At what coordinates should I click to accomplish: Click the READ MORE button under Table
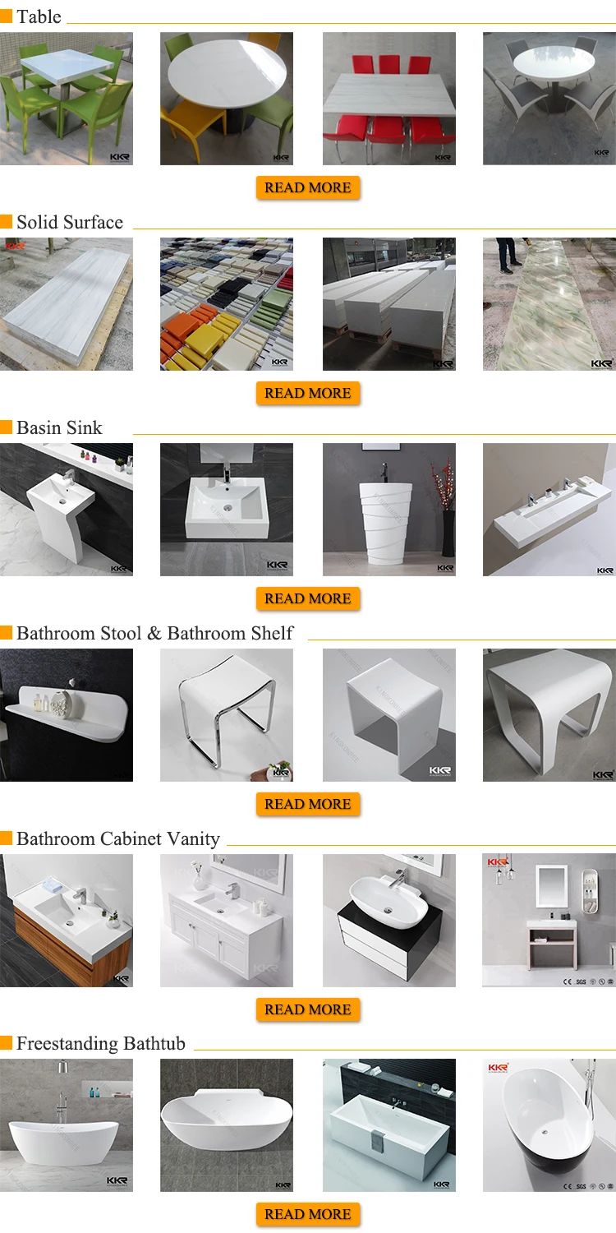coord(308,188)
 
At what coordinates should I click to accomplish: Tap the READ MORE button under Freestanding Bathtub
coord(308,1215)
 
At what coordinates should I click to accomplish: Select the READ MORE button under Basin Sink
coord(308,599)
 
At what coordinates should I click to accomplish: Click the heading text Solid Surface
coord(70,223)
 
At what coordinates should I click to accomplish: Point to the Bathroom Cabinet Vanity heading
coord(118,839)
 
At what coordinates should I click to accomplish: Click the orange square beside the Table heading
coord(7,17)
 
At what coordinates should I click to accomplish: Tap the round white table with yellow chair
coord(226,99)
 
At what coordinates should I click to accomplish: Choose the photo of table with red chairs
coord(388,99)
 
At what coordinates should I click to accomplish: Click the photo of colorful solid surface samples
coord(226,304)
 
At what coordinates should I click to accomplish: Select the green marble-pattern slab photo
coord(549,304)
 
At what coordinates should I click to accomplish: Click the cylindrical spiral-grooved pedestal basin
coord(388,510)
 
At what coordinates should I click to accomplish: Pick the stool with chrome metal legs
coord(226,715)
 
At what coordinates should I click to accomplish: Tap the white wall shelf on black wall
coord(66,715)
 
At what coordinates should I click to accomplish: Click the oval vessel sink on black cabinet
coord(388,921)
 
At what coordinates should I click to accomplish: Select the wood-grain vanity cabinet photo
coord(66,921)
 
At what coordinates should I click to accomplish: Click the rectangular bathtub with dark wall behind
coord(388,1125)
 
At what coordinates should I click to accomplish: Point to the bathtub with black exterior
coord(549,1125)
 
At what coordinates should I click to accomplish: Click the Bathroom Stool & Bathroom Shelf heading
coord(154,634)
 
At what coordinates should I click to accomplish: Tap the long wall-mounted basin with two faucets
coord(549,510)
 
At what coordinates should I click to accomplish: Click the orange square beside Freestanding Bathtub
coord(7,1044)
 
